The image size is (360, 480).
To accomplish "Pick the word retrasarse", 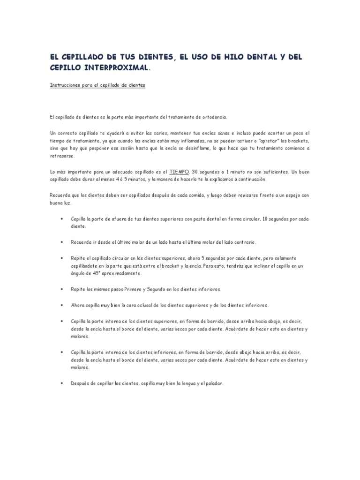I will (61, 157).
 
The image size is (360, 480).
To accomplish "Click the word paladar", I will (213, 383).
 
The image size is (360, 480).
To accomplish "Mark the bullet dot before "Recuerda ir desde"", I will (62, 242).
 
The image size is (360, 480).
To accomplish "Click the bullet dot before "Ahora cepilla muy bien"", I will (62, 305).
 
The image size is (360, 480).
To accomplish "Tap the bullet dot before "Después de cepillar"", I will (62, 383).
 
